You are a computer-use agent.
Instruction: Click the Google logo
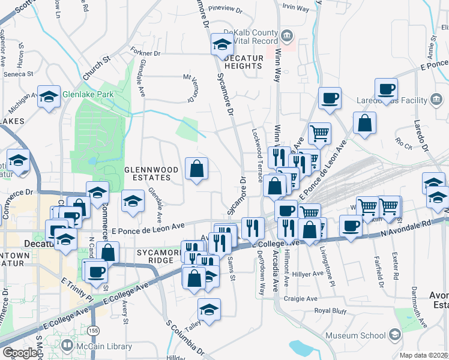(x=20, y=353)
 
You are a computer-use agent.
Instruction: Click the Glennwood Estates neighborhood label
(x=151, y=174)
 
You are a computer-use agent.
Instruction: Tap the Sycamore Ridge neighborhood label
(x=158, y=257)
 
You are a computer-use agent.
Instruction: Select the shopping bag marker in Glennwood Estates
(x=196, y=169)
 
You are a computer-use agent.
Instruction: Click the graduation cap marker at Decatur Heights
(x=222, y=44)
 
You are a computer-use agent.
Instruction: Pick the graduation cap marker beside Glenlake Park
(x=49, y=96)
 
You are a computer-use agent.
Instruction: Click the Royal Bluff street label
(x=331, y=310)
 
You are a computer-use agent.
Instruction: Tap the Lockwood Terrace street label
(x=258, y=155)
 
